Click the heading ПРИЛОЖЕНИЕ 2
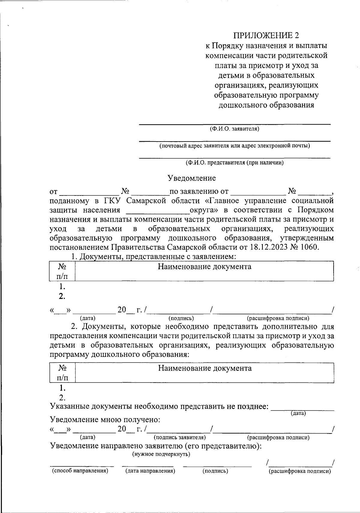pos(266,36)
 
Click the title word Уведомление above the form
pos(191,178)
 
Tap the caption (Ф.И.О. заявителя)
pos(234,129)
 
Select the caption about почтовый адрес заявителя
pos(234,146)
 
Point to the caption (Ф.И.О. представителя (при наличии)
pos(234,163)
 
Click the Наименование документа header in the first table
pos(205,267)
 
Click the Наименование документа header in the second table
pos(205,368)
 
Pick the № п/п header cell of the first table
pos(62,271)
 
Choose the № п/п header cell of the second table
pos(62,373)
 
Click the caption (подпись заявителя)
pos(179,437)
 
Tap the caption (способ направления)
pos(80,471)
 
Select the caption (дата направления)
pos(150,471)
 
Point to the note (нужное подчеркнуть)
pos(161,454)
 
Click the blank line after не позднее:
pos(302,408)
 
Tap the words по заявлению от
pos(199,191)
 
